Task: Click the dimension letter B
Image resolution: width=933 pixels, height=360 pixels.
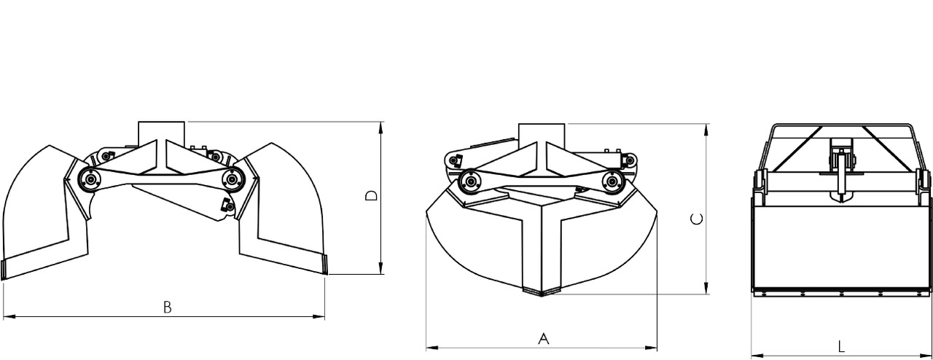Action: [167, 307]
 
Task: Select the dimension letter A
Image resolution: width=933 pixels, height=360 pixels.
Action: [542, 338]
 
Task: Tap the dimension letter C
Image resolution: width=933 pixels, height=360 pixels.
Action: [698, 218]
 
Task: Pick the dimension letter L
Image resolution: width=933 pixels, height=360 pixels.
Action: [842, 345]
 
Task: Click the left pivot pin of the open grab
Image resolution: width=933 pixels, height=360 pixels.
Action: [90, 179]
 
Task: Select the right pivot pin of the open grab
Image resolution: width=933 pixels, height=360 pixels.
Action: [233, 176]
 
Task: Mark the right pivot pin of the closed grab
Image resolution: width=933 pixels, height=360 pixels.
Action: [611, 180]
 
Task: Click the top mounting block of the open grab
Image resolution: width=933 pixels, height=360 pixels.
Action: [161, 132]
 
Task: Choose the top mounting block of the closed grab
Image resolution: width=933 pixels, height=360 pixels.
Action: [542, 133]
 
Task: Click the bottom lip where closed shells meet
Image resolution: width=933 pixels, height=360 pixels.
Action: [541, 291]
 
